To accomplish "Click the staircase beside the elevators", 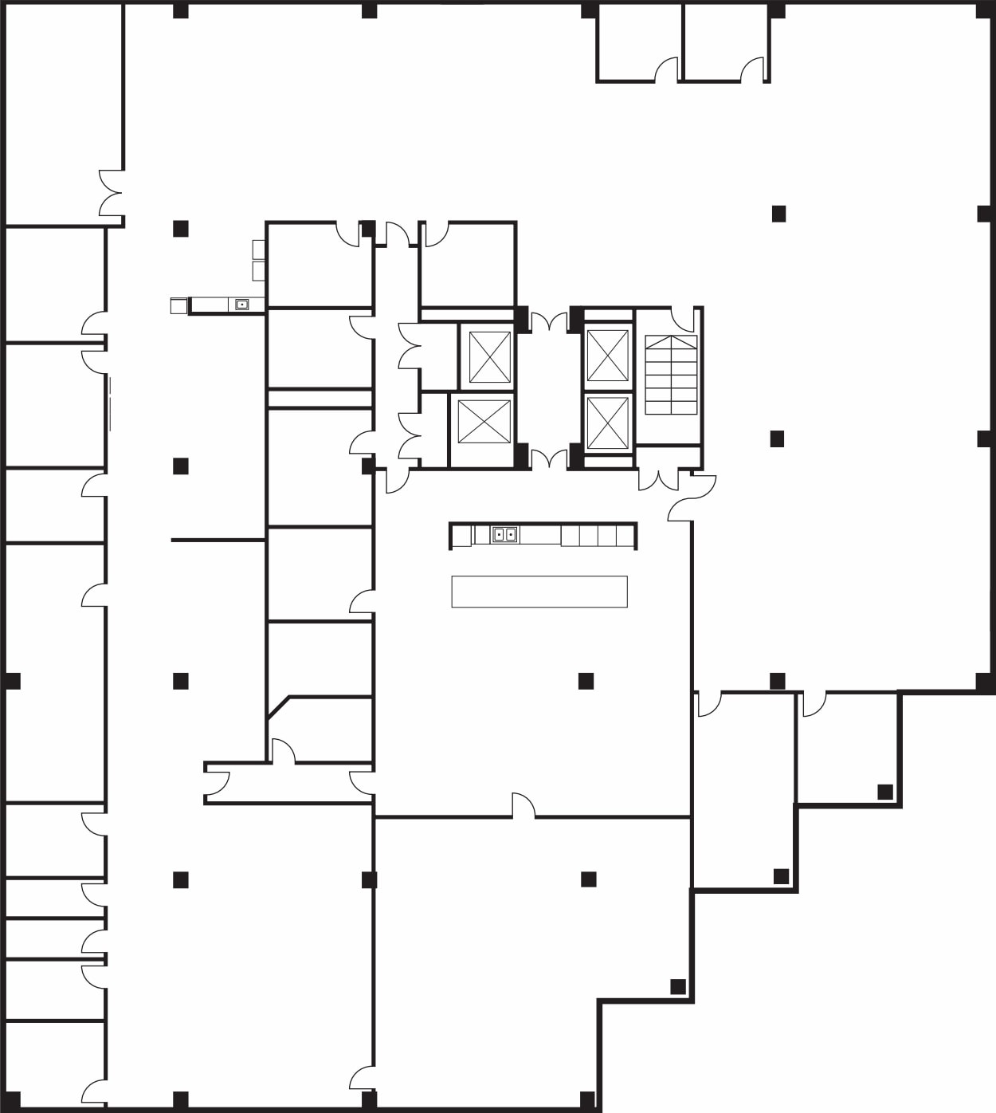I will coord(671,375).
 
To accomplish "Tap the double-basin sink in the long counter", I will coord(504,534).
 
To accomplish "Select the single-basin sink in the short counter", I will coord(241,305).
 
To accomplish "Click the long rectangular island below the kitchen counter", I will coord(539,592).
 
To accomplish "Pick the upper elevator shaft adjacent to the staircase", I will coord(608,354).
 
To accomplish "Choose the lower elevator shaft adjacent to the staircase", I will coord(608,423).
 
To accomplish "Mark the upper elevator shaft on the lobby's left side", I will coord(489,357).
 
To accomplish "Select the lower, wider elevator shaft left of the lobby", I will coord(484,421).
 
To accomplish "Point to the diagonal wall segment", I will coord(279,707).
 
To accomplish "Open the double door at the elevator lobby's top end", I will coord(549,322).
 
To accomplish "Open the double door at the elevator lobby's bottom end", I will coord(549,458).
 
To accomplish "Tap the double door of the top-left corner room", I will coord(111,193).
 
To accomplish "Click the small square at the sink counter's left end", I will coord(178,305).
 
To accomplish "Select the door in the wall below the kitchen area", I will coord(523,805).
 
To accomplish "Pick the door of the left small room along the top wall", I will coord(666,70).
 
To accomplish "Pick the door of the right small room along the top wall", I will coord(752,70).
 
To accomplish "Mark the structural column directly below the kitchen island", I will coord(586,681).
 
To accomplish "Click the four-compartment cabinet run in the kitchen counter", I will coord(598,535).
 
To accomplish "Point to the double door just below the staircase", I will coord(658,479).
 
